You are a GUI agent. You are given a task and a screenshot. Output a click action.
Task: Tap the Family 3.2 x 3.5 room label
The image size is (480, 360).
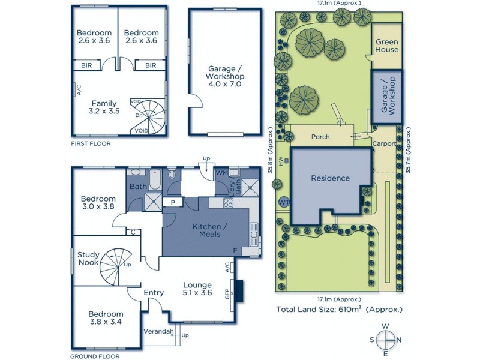coord(104,107)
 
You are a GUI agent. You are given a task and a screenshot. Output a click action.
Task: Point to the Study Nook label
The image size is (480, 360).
coord(88,259)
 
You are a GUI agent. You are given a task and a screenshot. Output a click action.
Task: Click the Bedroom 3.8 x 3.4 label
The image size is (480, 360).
coord(106,318)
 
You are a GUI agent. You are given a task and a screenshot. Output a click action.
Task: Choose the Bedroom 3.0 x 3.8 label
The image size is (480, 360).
coord(98,203)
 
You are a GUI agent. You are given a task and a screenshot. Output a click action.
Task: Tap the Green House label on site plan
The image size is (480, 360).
coord(387,46)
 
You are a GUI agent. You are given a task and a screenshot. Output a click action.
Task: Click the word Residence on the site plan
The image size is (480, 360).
coord(330,178)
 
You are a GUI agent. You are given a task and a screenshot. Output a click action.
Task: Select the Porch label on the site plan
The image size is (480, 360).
coord(320,137)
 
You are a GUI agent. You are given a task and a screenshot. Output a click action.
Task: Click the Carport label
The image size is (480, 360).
coord(384,144)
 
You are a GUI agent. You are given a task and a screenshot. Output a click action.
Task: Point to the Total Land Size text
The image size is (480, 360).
coord(339,310)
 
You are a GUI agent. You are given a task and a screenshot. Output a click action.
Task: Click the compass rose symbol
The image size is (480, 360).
coord(385,340)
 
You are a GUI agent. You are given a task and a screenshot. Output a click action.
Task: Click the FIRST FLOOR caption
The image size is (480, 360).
coord(90,144)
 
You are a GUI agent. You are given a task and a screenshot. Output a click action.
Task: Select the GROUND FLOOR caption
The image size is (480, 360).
coord(94,356)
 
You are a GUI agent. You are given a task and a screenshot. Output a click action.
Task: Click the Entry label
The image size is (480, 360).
coord(154,293)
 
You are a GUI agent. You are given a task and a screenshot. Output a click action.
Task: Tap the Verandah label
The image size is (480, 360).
coord(158,331)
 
